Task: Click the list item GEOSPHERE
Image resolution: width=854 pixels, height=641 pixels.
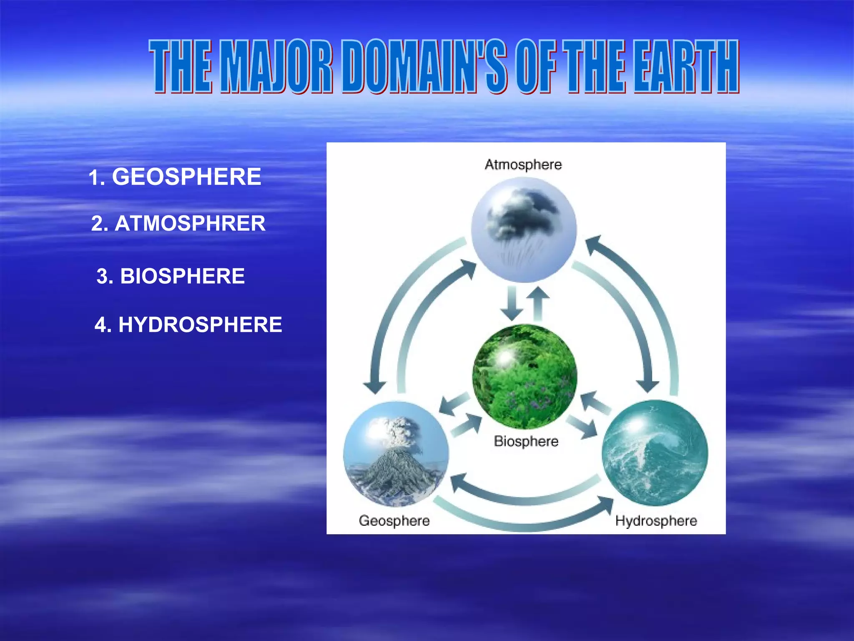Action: point(186,177)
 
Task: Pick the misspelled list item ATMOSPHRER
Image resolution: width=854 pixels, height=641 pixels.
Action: point(190,223)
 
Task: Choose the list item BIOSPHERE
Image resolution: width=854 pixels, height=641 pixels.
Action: point(182,276)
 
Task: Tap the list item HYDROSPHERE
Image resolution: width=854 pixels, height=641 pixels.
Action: point(200,325)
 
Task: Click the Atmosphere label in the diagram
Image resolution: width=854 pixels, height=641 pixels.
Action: point(523,164)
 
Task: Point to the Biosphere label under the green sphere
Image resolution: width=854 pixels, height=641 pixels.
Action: point(526,441)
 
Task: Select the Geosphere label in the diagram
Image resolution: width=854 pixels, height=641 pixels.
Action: point(394,520)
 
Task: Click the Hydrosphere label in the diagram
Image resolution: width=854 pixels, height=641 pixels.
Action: point(656,521)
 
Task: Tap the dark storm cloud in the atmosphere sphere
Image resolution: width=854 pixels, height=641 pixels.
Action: point(523,215)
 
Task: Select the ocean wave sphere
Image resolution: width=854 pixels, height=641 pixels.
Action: point(655,453)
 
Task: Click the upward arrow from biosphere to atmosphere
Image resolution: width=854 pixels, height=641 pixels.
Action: point(538,303)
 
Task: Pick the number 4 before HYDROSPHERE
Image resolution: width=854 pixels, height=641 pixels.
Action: point(103,325)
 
